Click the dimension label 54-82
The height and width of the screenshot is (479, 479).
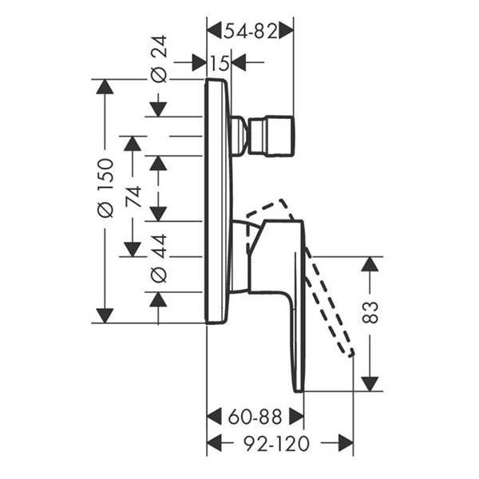click(x=250, y=32)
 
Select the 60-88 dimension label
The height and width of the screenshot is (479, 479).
click(x=255, y=416)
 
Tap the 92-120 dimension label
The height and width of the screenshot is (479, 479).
click(x=279, y=441)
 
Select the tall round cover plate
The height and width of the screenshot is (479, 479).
click(x=217, y=200)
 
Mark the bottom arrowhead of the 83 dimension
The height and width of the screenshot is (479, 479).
click(x=370, y=383)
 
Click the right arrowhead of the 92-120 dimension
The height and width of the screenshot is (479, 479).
click(x=346, y=441)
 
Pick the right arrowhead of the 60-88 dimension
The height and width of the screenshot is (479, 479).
click(x=296, y=416)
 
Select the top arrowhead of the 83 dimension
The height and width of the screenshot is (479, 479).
click(x=370, y=264)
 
